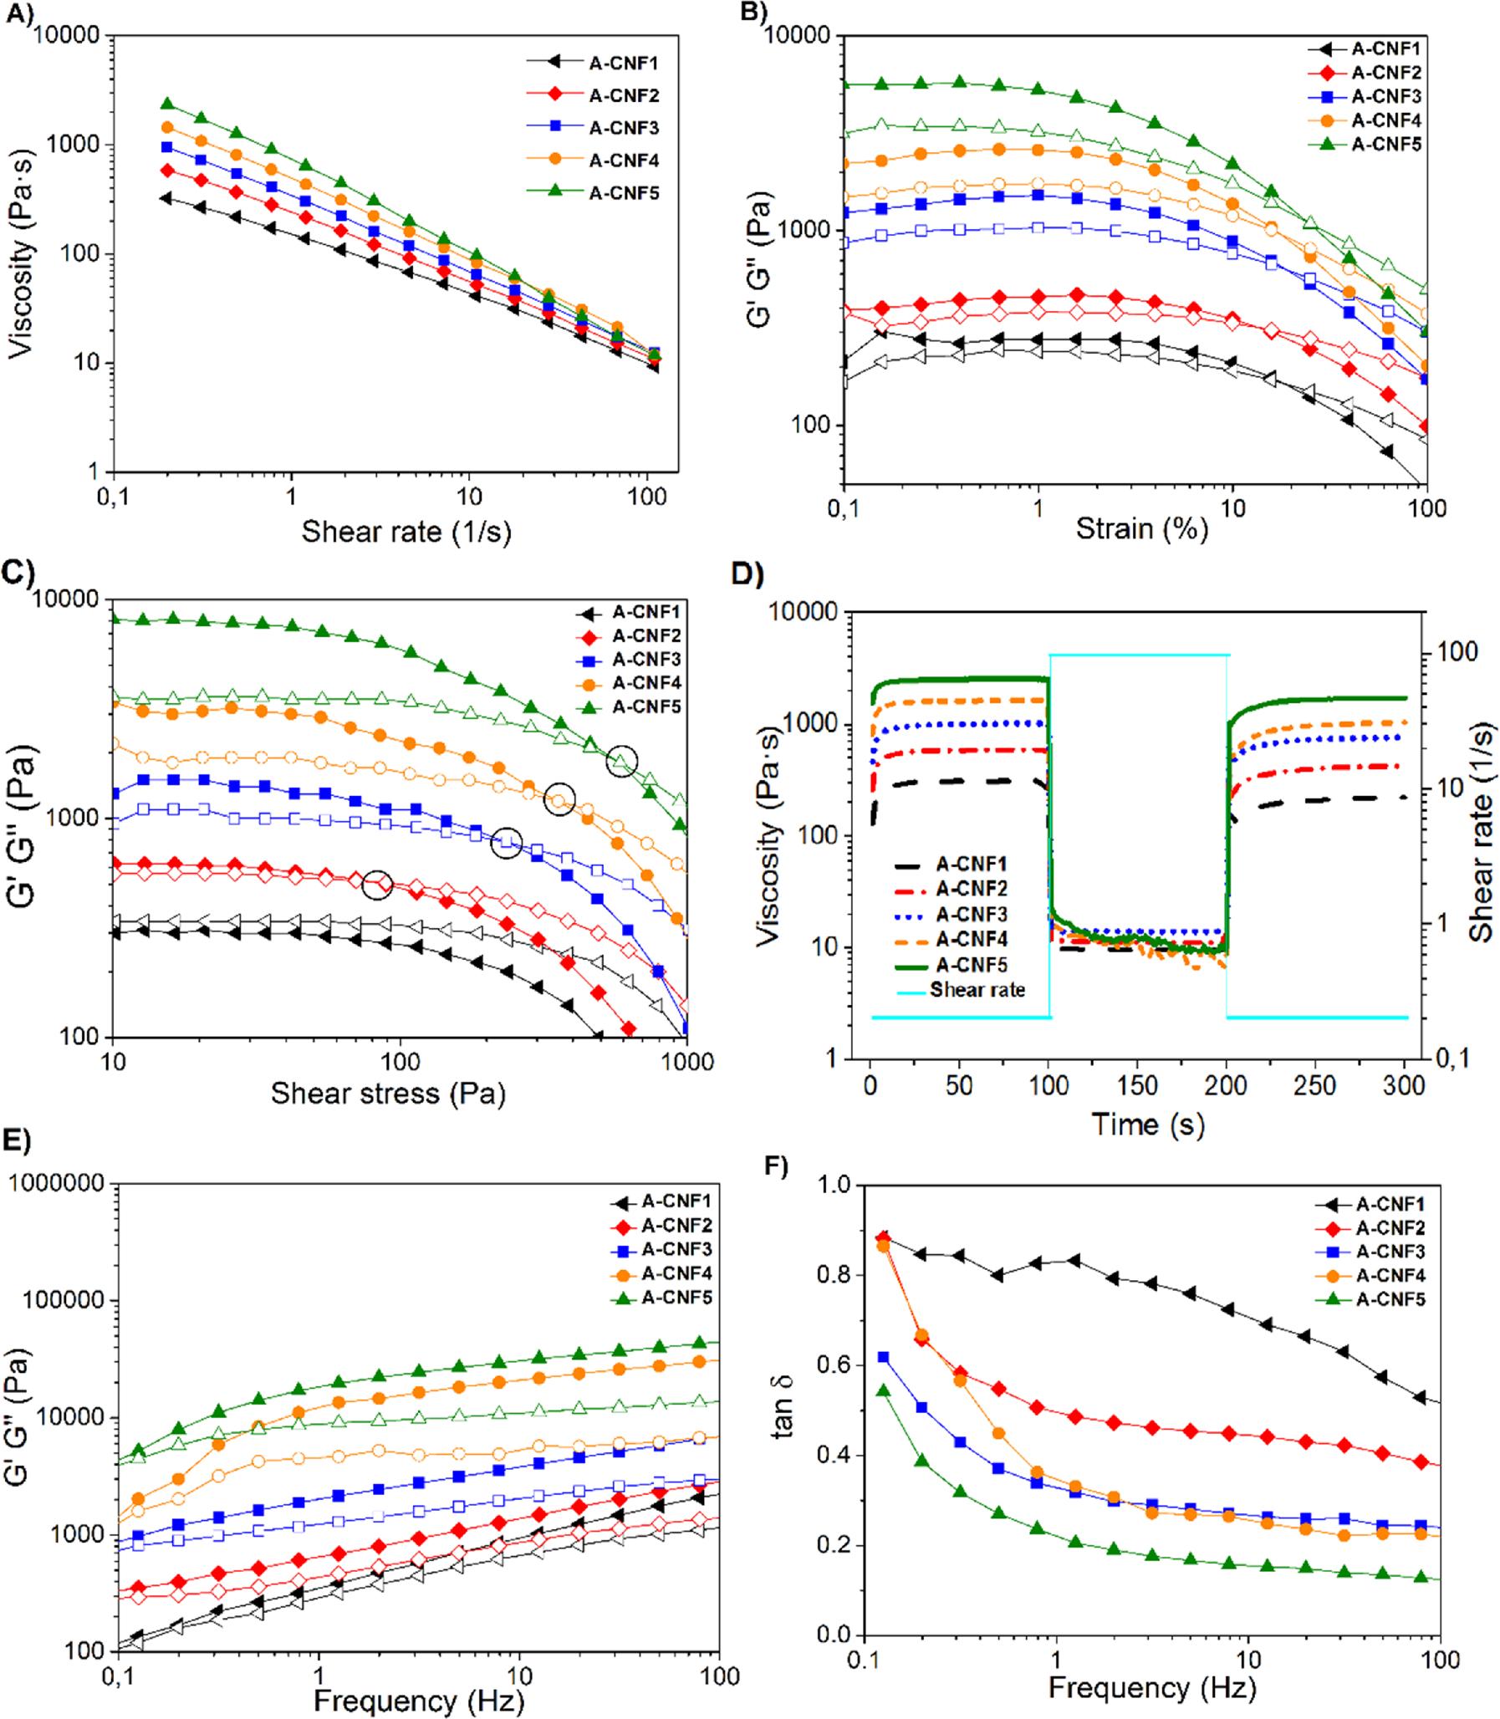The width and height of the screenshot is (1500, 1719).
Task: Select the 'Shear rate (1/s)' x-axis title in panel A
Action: click(x=406, y=532)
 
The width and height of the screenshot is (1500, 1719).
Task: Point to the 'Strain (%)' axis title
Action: click(x=1141, y=529)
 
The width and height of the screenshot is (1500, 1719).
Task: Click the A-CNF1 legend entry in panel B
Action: click(x=1385, y=49)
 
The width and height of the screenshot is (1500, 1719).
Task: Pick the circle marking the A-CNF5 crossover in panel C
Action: click(x=622, y=760)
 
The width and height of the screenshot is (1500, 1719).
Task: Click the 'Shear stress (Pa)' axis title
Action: click(x=388, y=1094)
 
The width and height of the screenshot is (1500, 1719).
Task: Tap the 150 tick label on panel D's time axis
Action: click(x=1138, y=1086)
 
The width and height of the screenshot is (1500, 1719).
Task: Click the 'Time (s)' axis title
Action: click(x=1148, y=1124)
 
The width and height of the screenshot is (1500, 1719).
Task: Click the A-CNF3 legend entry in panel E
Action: click(x=676, y=1250)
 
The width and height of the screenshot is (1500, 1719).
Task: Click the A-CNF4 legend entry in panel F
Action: click(x=1390, y=1275)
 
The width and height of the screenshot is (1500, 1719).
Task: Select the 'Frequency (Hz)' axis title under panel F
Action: click(x=1152, y=1688)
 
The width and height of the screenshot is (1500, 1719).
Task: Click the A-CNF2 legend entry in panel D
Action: click(x=971, y=889)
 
